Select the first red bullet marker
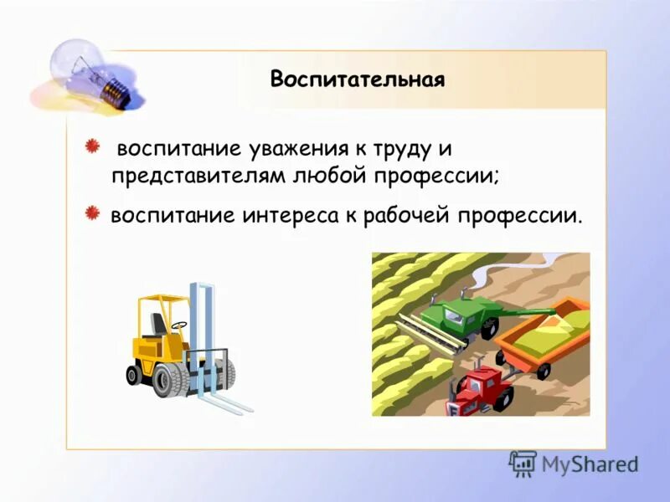pos(94,148)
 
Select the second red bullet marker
pos(94,214)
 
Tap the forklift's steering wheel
pos(178,325)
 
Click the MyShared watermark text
pos(590,463)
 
